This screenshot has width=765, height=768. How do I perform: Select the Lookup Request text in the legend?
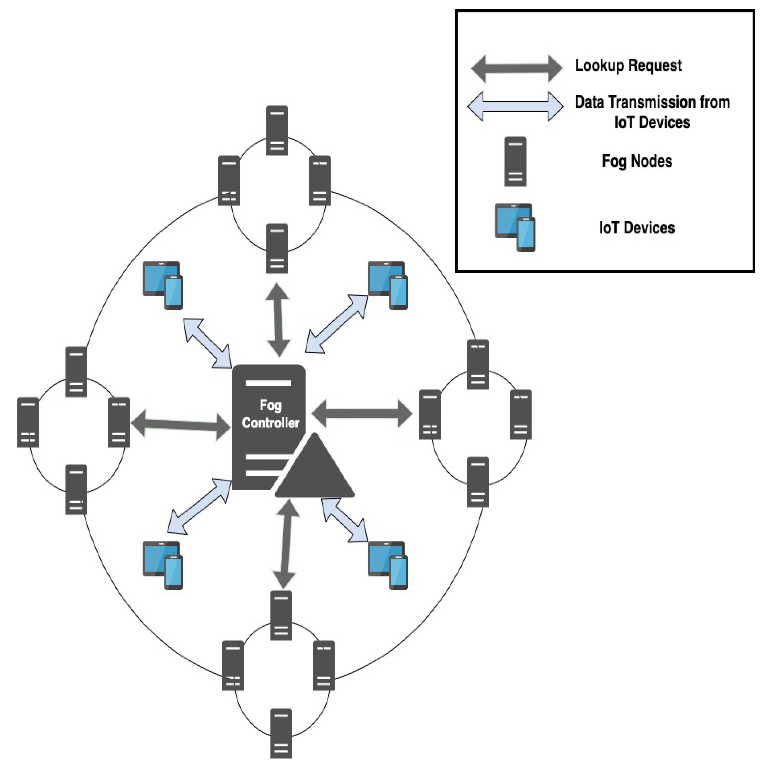tap(628, 66)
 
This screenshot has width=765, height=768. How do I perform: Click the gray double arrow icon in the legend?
tap(516, 68)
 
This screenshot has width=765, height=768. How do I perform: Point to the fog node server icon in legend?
tap(515, 161)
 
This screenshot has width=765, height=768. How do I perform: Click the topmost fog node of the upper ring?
tap(277, 130)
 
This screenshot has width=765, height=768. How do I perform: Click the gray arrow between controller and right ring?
tap(362, 413)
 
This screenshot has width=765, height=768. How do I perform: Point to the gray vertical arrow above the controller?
tap(278, 320)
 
